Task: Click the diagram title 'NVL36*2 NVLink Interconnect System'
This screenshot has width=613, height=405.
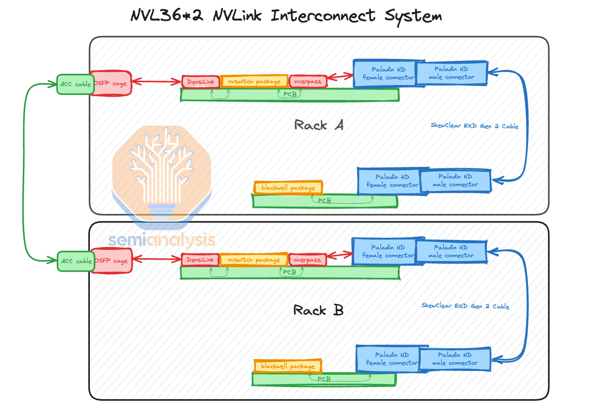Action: click(286, 16)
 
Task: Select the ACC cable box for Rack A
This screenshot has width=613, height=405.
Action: click(75, 85)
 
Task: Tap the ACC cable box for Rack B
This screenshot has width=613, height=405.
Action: click(75, 261)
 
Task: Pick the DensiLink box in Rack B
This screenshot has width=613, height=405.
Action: click(200, 260)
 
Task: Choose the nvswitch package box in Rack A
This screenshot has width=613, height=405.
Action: click(254, 82)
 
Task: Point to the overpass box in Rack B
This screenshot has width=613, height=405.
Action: click(307, 260)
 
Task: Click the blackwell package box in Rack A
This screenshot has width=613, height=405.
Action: click(288, 188)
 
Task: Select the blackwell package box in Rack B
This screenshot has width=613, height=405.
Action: click(288, 366)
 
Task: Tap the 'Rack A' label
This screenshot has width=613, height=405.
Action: click(319, 125)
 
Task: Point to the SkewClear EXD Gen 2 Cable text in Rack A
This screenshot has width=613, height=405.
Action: click(474, 126)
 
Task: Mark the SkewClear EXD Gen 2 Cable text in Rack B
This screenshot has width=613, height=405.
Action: click(465, 306)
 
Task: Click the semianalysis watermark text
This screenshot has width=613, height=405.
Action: click(161, 240)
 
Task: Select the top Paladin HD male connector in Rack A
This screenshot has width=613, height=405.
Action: click(451, 73)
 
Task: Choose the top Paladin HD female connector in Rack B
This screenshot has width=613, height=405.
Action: click(383, 251)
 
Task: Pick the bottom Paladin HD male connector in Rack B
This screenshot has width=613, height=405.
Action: click(455, 359)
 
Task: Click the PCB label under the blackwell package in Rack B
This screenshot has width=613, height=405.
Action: click(324, 379)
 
